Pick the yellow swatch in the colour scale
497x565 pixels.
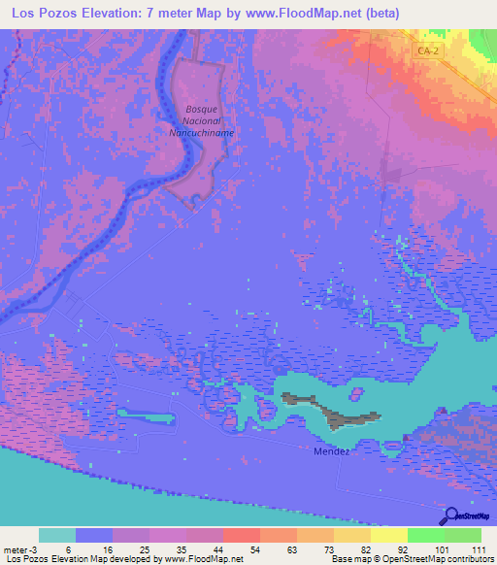(388, 535)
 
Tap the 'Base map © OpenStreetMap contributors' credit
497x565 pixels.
(412, 559)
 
